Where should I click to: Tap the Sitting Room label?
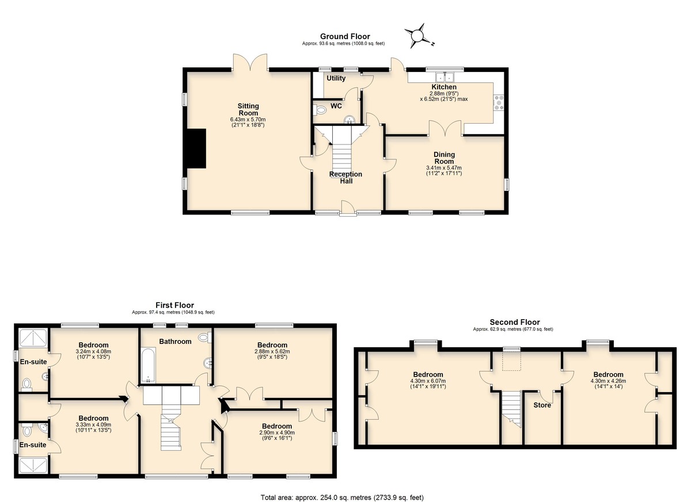(248, 109)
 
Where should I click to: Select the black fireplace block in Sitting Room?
(196, 148)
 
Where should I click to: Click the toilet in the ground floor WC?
(320, 109)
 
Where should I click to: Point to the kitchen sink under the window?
(445, 76)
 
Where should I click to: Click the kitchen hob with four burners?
(498, 102)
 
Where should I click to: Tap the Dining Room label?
(444, 158)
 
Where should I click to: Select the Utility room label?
(336, 78)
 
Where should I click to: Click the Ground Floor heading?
(345, 36)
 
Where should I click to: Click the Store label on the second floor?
(542, 405)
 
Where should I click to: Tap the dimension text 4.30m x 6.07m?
(428, 381)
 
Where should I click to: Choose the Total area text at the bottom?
(342, 489)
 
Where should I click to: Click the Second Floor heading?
(515, 322)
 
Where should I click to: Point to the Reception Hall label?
(346, 177)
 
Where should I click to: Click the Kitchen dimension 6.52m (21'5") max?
(443, 99)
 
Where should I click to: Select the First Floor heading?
(174, 305)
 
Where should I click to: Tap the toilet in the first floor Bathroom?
(205, 337)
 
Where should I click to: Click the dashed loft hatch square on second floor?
(511, 361)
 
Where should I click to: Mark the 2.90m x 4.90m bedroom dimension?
(277, 432)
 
